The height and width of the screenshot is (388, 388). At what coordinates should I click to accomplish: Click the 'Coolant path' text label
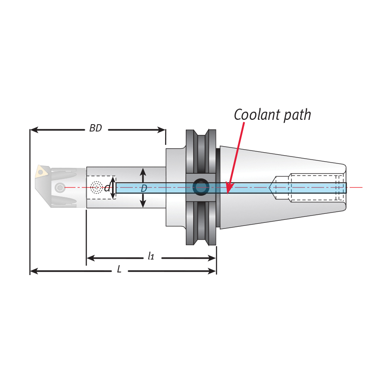click(x=272, y=115)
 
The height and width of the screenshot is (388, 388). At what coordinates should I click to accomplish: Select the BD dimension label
click(x=96, y=128)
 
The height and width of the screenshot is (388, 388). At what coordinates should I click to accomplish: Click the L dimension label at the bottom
click(x=119, y=270)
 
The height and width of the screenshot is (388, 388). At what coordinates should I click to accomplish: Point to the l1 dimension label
click(x=150, y=257)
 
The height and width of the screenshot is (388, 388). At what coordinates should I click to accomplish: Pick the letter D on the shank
click(x=144, y=188)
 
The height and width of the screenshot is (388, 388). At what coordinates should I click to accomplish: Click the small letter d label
click(x=107, y=188)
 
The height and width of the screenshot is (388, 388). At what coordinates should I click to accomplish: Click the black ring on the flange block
click(x=201, y=187)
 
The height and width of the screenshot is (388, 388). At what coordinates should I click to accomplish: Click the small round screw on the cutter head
click(x=59, y=188)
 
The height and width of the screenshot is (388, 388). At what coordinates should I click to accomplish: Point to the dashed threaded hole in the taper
click(x=317, y=188)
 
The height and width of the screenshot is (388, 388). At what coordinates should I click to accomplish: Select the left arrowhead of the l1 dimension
click(x=89, y=258)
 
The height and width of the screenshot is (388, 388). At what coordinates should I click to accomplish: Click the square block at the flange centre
click(x=201, y=187)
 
